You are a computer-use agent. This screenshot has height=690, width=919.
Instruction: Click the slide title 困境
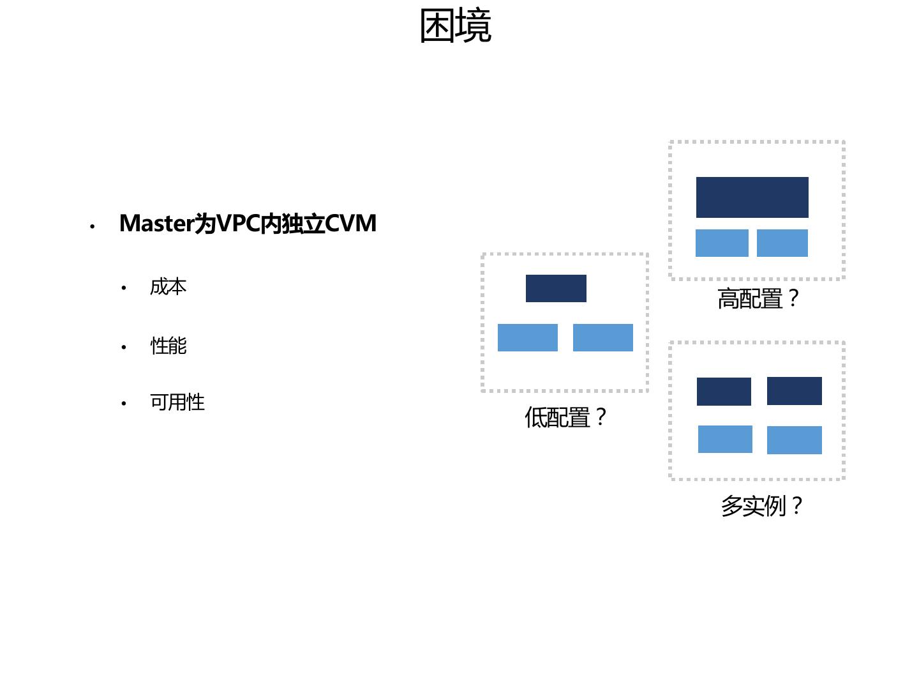pos(456,27)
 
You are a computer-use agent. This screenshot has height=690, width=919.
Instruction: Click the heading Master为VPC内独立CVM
pos(248,224)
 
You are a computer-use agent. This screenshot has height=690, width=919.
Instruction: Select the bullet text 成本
pos(168,287)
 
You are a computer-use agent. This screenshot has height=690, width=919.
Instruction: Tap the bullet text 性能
pos(168,346)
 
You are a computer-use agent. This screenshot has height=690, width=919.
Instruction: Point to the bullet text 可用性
pos(177,402)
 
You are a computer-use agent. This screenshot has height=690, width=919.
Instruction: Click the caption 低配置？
pos(565,418)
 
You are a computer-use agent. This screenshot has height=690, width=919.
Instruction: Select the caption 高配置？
pos(758,299)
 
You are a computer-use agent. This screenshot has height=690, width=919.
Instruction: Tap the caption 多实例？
pos(761,506)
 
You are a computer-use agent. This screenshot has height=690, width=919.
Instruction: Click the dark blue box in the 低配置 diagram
pos(556,288)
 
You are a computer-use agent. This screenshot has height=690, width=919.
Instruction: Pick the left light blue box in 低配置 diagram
pos(528,337)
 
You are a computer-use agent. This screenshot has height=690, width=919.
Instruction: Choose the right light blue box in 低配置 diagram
pos(603,337)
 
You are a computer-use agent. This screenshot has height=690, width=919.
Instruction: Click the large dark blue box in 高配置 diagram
pos(752,197)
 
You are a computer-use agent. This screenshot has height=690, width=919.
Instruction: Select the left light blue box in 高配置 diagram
pos(722,243)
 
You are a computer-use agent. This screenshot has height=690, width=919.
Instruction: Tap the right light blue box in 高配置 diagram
pos(782,243)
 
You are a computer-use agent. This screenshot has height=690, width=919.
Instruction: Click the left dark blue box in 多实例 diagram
pos(724,392)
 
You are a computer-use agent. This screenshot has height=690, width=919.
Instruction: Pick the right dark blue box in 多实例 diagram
pos(795,391)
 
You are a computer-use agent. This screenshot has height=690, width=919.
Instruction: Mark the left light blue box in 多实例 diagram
pos(725,439)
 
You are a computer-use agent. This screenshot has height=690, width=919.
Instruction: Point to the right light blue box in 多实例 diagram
pos(795,440)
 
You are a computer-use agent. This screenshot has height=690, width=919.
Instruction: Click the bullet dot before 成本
pos(124,288)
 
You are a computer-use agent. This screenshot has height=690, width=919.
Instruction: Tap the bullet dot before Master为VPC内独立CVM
pos(93,226)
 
